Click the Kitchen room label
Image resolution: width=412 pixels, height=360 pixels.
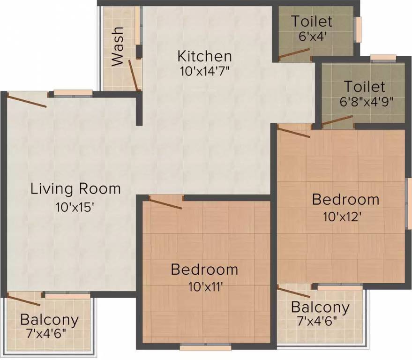204,56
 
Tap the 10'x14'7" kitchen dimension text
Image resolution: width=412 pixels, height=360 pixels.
204,72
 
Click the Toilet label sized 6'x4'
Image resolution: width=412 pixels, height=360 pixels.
312,22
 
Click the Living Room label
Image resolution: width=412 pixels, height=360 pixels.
75,189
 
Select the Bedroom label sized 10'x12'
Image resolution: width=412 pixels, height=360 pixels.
345,199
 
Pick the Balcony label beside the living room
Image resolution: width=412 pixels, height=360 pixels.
49,321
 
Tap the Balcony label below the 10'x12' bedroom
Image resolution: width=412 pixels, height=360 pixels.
320,308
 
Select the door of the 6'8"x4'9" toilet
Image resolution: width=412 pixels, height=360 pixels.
337,121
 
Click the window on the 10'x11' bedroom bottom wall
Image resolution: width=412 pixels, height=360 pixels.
205,347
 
